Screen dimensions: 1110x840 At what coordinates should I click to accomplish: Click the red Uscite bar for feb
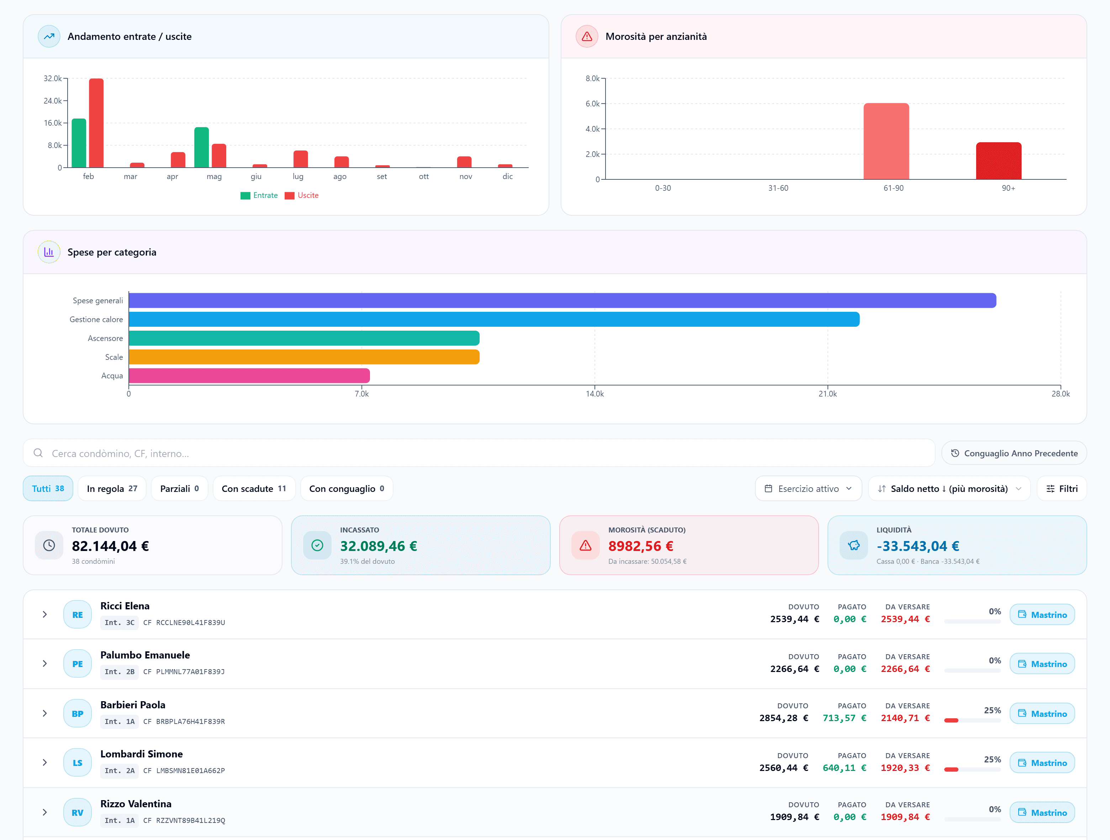[x=96, y=123]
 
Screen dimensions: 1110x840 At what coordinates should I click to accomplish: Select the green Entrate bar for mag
[x=202, y=147]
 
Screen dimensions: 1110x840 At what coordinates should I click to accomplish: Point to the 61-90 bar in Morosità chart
[x=886, y=141]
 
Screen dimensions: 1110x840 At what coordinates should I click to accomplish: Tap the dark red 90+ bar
[x=999, y=161]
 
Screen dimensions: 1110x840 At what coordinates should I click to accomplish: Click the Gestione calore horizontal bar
[x=494, y=319]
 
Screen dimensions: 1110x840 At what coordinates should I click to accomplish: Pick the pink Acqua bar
[x=249, y=376]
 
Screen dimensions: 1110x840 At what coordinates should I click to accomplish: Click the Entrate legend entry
[x=259, y=195]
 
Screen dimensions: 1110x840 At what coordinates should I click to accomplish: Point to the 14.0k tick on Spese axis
[x=594, y=394]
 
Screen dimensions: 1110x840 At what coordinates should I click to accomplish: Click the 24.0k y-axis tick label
[x=53, y=101]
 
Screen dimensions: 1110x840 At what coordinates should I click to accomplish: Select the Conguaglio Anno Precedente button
[x=1014, y=453]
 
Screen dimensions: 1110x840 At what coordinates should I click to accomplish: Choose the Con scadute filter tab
[x=254, y=489]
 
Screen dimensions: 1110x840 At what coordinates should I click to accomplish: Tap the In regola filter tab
[x=112, y=489]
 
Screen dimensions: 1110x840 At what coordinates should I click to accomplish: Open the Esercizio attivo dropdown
[x=808, y=489]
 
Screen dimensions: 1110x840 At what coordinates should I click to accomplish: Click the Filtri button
[x=1062, y=489]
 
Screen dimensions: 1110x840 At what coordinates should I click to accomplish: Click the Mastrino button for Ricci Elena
[x=1042, y=615]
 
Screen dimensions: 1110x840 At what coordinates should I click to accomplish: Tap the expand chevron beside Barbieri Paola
[x=45, y=714]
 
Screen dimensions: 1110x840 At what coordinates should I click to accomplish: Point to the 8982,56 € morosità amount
[x=641, y=546]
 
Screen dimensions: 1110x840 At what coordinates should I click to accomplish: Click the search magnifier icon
[x=38, y=453]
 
